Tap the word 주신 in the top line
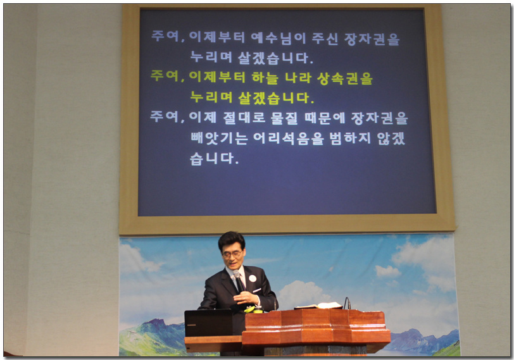[x=325, y=39]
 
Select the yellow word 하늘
[x=265, y=78]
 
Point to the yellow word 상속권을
[x=345, y=78]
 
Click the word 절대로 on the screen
[x=244, y=118]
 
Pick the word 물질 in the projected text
[x=284, y=118]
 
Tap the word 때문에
[x=325, y=118]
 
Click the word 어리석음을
[x=289, y=139]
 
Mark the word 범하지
[x=350, y=138]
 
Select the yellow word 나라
[x=298, y=78]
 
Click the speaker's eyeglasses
[x=233, y=254]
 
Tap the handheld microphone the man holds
[x=238, y=281]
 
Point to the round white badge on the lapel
[x=253, y=278]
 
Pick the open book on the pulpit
[x=318, y=306]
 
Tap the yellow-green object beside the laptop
[x=251, y=309]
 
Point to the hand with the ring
[x=246, y=298]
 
